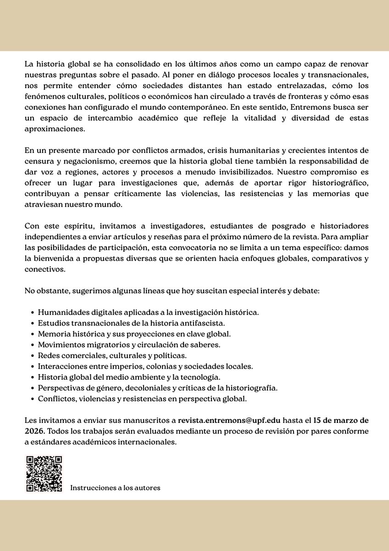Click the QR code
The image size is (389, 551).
(x=44, y=474)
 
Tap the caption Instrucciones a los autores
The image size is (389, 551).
(x=115, y=488)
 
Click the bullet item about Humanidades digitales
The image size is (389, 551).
(x=148, y=312)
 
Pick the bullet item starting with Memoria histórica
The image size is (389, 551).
(x=134, y=334)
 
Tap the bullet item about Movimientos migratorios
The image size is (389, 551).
(x=129, y=344)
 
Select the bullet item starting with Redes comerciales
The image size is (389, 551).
(x=112, y=355)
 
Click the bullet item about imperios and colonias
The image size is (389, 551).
(x=145, y=366)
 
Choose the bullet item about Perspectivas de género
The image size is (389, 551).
(x=157, y=388)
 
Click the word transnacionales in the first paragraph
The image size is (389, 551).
(x=339, y=74)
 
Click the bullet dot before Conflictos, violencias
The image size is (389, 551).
(x=33, y=399)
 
